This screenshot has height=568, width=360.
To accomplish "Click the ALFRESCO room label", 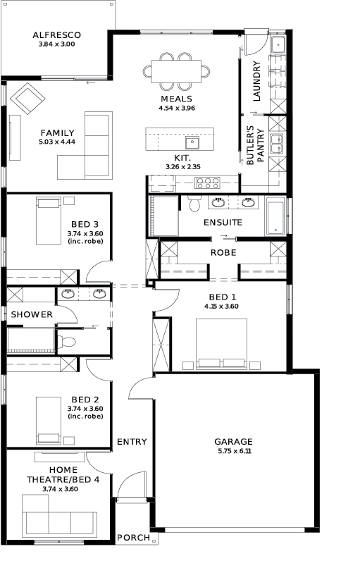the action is pos(56,35).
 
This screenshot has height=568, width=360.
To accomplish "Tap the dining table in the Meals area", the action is pos(176,71).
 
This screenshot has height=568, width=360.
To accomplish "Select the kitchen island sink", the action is pos(192,142).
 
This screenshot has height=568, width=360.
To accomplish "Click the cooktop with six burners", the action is pos(208,183).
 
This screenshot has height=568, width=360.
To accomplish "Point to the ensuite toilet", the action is pos(194,204).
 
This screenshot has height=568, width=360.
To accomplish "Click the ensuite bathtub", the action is pos(275,216).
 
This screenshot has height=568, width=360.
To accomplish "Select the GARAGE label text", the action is pos(233,442).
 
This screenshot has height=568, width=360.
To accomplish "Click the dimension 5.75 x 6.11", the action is pos(235,451).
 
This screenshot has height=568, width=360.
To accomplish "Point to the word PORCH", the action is pos(133,538).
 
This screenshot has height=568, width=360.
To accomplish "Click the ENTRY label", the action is pos(132,442).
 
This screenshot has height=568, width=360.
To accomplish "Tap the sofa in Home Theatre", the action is pos(59,516).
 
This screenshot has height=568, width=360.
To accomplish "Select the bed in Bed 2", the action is pos(49,421).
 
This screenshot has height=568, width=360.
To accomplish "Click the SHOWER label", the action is pos(32,314).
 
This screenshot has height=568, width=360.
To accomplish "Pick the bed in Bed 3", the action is pos(49,221).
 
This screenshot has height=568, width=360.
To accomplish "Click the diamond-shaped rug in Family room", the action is pos(27,99).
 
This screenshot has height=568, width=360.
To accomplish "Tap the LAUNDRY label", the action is pos(256,81).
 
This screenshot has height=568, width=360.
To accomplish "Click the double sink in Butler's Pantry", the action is pos(278,144).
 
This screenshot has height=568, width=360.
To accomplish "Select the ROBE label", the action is pos(223,252).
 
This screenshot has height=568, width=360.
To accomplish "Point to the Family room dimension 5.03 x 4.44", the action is pos(57,142).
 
